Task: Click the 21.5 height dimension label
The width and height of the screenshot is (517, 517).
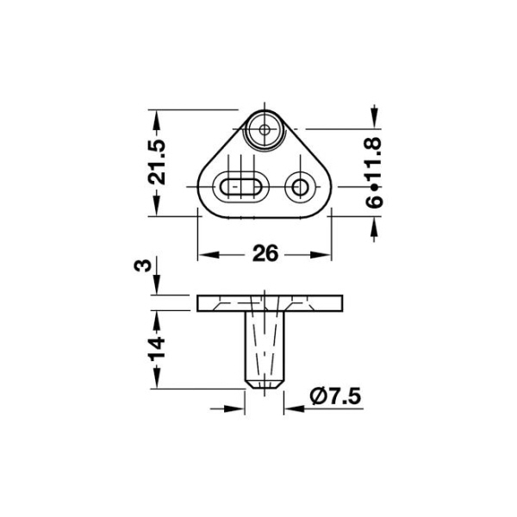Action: (x=157, y=162)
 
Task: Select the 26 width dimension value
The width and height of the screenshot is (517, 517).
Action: (x=265, y=253)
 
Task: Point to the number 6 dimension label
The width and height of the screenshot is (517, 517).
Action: (x=374, y=202)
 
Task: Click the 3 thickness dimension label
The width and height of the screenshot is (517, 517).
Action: (x=142, y=265)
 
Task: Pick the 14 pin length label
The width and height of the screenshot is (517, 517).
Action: (x=157, y=348)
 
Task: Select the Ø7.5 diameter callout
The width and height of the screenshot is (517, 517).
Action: (x=335, y=396)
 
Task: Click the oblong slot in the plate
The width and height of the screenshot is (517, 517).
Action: (x=241, y=187)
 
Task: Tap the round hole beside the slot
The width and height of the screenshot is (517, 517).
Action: (x=300, y=187)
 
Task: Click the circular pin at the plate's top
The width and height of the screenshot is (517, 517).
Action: (x=265, y=129)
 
